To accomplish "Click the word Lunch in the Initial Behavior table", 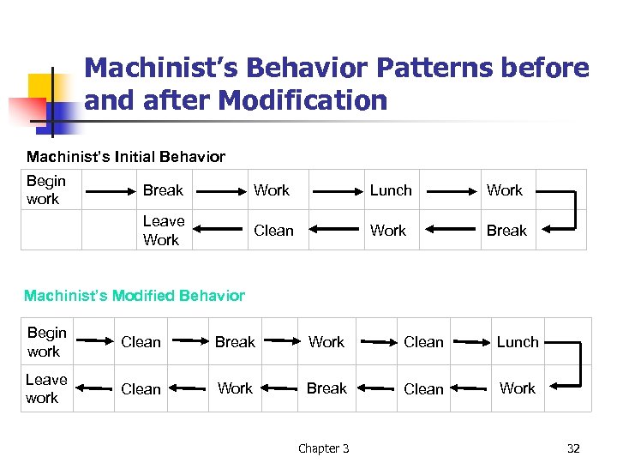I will tap(391, 190).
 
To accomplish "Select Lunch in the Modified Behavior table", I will tap(518, 342).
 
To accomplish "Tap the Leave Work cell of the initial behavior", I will tap(163, 231).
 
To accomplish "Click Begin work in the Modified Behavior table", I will tap(46, 342).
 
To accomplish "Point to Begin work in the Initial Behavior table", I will tap(45, 189).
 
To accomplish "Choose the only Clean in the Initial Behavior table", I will tap(273, 231).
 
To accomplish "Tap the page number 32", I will tap(573, 448).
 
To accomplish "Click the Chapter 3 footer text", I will tap(323, 448).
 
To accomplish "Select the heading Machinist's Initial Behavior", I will tap(126, 157).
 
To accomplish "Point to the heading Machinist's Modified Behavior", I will tap(135, 296).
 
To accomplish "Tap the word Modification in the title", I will tap(303, 101).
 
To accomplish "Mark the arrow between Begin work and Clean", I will tap(92, 343).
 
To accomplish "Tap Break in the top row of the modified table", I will tap(235, 342).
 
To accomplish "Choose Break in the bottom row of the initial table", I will tap(506, 231).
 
